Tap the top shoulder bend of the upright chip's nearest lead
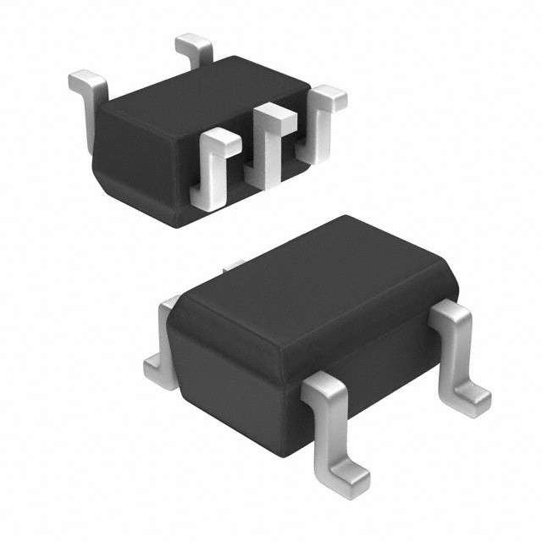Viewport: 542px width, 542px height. click(x=322, y=387)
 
